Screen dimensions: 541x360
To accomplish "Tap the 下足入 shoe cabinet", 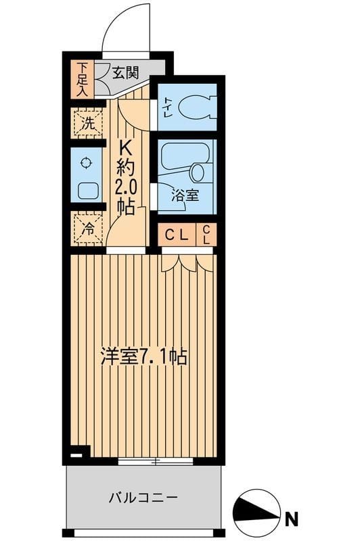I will coord(83,79).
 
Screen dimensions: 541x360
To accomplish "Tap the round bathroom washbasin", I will coord(200,172).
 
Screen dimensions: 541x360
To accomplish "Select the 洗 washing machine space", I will coord(87,124).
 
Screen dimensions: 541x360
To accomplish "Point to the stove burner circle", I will coord(86,162).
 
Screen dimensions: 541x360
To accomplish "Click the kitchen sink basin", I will coord(87,190).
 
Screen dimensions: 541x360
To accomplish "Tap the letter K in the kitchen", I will coord(126,147).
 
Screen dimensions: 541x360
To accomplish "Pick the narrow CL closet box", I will coord(206,235).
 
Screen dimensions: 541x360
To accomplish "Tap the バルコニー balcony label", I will coord(143,499).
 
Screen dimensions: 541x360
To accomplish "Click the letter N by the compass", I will coord(291,519).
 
